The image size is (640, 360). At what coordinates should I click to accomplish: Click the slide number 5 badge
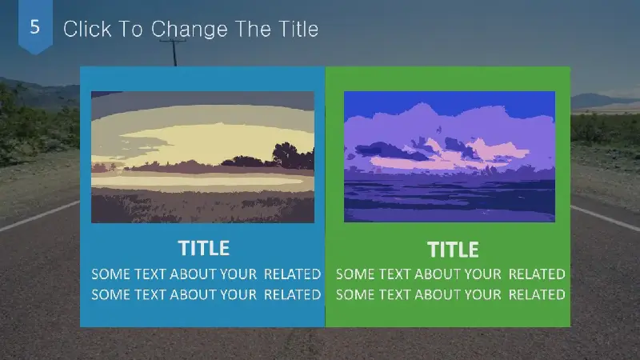tap(35, 26)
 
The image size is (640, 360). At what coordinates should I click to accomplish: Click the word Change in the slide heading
tap(190, 30)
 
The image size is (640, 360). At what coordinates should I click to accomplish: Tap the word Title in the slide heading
tap(298, 29)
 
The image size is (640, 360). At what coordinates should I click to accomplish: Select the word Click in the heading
tap(87, 29)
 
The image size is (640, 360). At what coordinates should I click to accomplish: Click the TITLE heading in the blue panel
tap(204, 248)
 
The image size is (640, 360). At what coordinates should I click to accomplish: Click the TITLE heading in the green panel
tap(453, 250)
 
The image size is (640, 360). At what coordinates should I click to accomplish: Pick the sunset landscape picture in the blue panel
tap(202, 157)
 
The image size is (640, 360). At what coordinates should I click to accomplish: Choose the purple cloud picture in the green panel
tap(450, 157)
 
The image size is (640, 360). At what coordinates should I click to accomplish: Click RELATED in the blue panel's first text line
tap(292, 274)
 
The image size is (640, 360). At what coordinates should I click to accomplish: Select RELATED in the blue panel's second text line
tap(292, 294)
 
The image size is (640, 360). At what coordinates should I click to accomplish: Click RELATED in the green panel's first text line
tap(537, 274)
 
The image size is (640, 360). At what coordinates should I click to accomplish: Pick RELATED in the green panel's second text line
tap(537, 294)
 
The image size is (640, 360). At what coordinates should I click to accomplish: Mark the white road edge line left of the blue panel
tap(40, 215)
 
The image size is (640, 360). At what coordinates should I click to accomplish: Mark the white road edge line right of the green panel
tap(605, 218)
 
